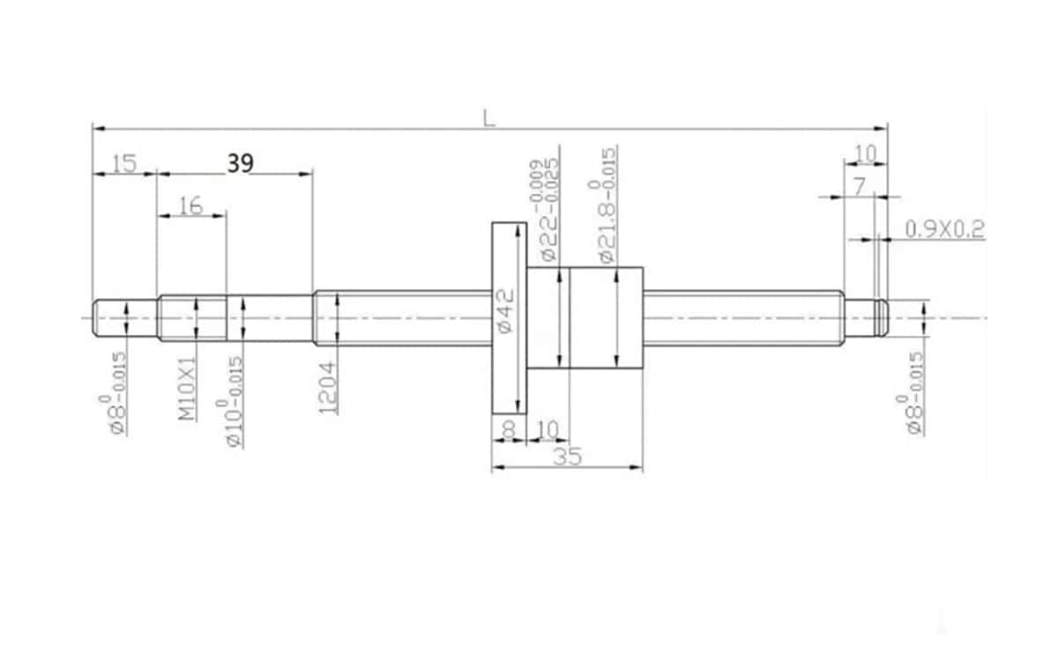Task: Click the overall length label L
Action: (x=488, y=117)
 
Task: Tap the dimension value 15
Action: (x=124, y=163)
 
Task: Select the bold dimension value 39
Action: (x=240, y=163)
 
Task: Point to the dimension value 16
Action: (x=190, y=205)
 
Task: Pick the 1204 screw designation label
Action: (x=327, y=388)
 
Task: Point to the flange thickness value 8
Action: (x=508, y=429)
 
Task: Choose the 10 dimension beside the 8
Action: (x=548, y=429)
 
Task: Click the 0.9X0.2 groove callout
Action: (x=944, y=229)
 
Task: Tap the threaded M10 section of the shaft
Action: (x=192, y=318)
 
